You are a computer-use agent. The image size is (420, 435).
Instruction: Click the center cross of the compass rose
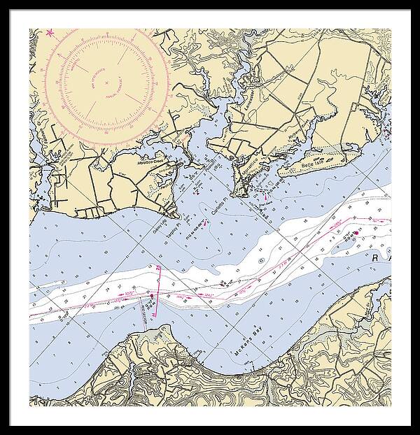pyautogui.click(x=106, y=82)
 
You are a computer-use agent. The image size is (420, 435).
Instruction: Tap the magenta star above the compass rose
pyautogui.click(x=49, y=33)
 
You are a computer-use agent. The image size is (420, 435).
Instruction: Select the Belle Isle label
pyautogui.click(x=309, y=166)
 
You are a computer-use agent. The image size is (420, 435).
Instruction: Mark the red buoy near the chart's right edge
pyautogui.click(x=355, y=232)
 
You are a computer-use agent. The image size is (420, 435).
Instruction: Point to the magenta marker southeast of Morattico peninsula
pyautogui.click(x=265, y=198)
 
